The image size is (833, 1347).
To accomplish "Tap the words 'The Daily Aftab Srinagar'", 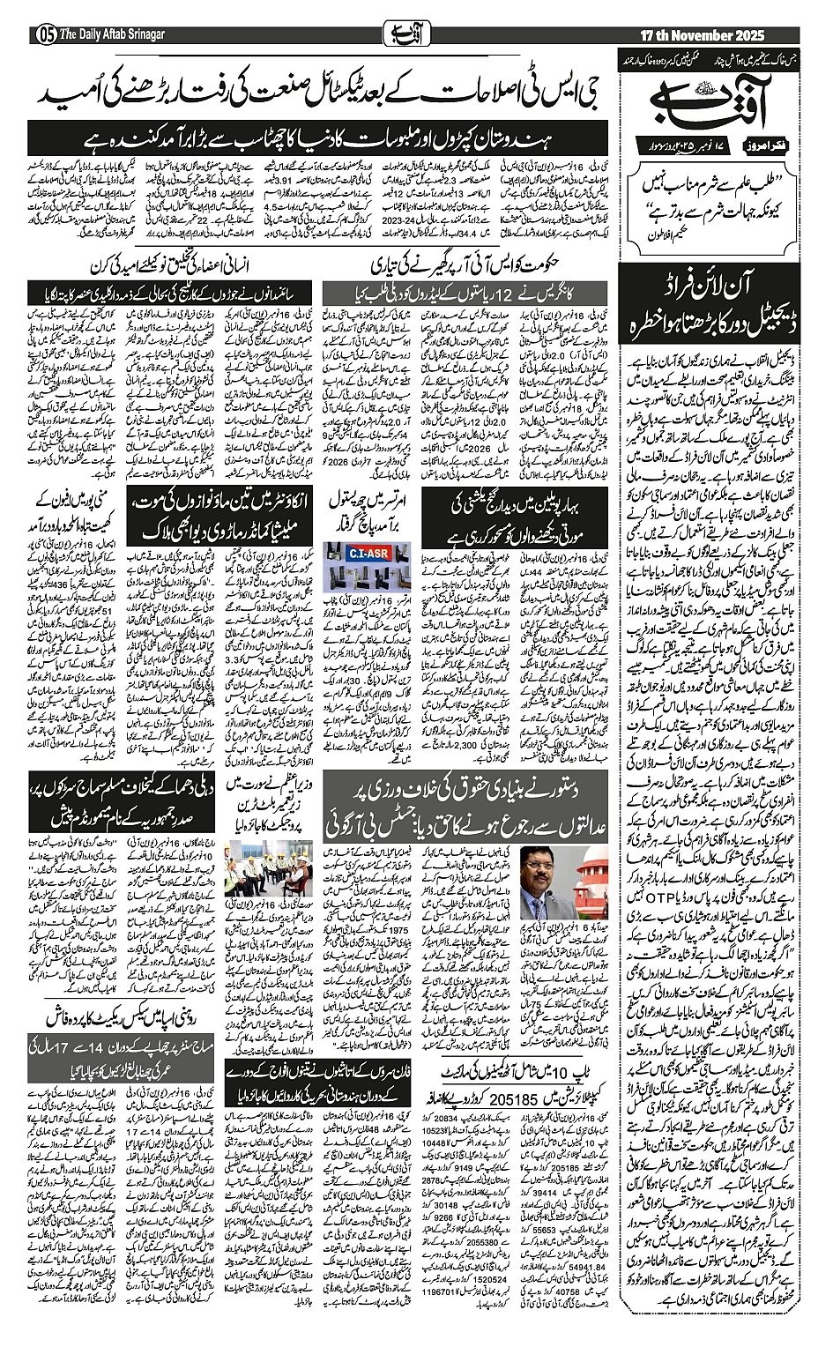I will pos(114,34).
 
